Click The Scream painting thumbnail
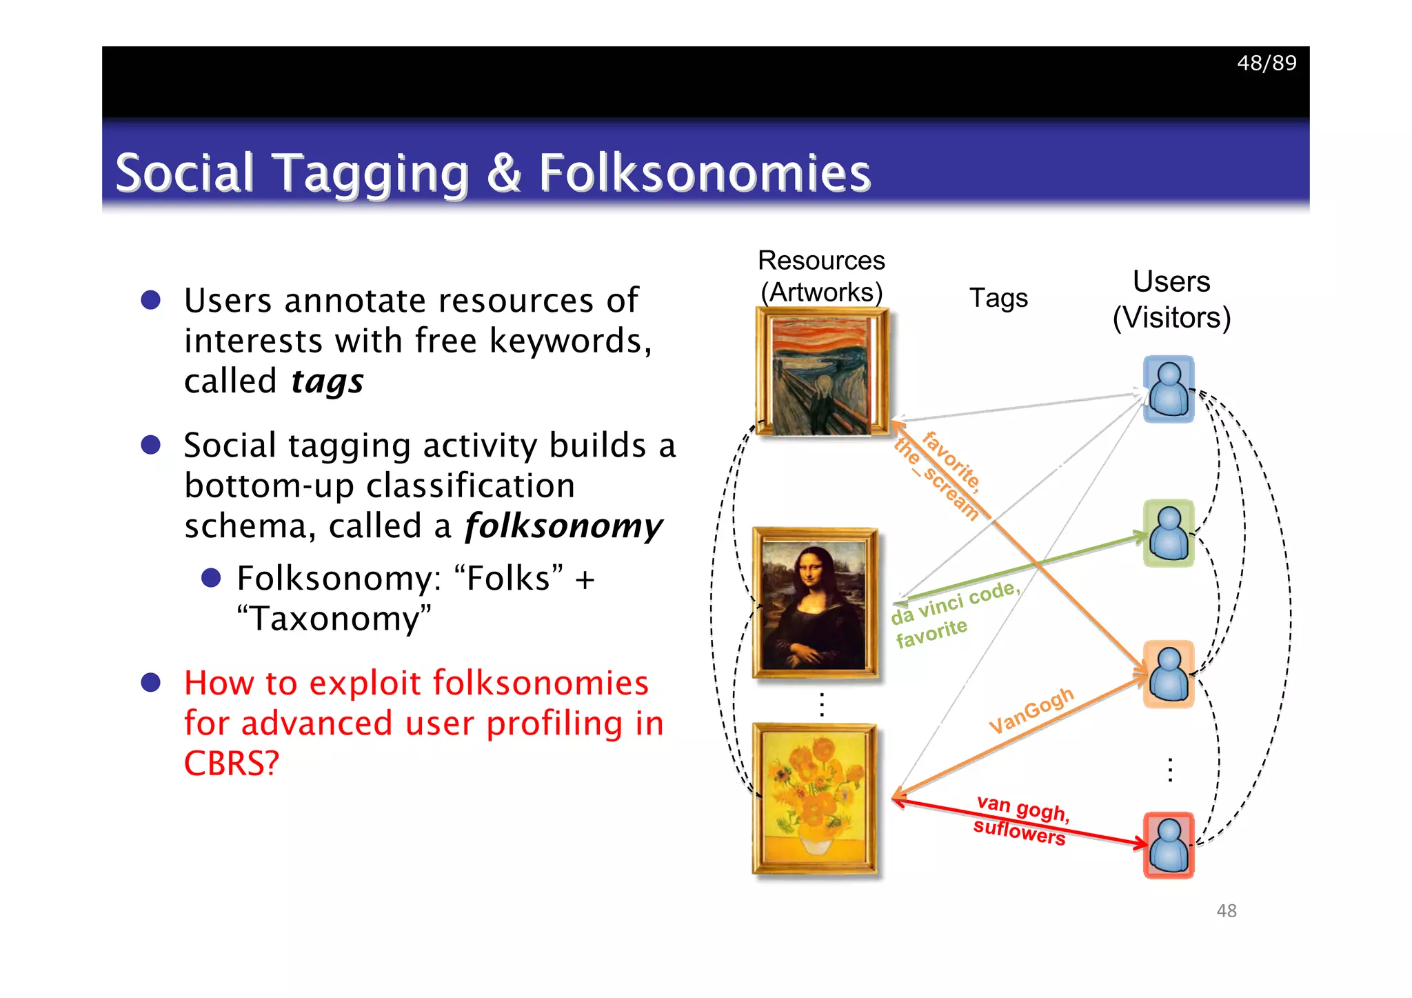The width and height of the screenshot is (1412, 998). coord(821,372)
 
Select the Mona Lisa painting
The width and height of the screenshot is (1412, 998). coord(815,603)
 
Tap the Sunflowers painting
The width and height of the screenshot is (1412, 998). coord(815,799)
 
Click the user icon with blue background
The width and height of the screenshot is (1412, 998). coord(1169,389)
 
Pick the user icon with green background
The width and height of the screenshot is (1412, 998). coord(1169,533)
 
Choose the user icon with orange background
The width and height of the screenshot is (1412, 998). coord(1169,674)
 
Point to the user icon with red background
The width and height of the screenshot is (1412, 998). coord(1169,845)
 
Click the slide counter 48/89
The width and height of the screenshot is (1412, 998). coord(1267,63)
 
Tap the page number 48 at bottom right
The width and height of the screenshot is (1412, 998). coord(1227,911)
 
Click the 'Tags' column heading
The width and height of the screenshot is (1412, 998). coord(998,298)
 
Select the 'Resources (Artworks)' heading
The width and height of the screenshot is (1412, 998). coord(821,277)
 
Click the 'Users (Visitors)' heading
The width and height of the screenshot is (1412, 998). coord(1171,299)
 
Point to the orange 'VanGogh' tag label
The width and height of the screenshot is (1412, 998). coord(1031,710)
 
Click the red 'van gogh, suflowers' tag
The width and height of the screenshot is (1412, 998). coord(1021,820)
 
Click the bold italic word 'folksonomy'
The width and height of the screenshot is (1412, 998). coord(563,526)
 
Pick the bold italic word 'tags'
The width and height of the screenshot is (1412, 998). coord(327,381)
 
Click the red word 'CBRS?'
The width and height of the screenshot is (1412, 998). coord(232,764)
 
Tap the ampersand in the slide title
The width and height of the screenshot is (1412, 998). coord(504,172)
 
